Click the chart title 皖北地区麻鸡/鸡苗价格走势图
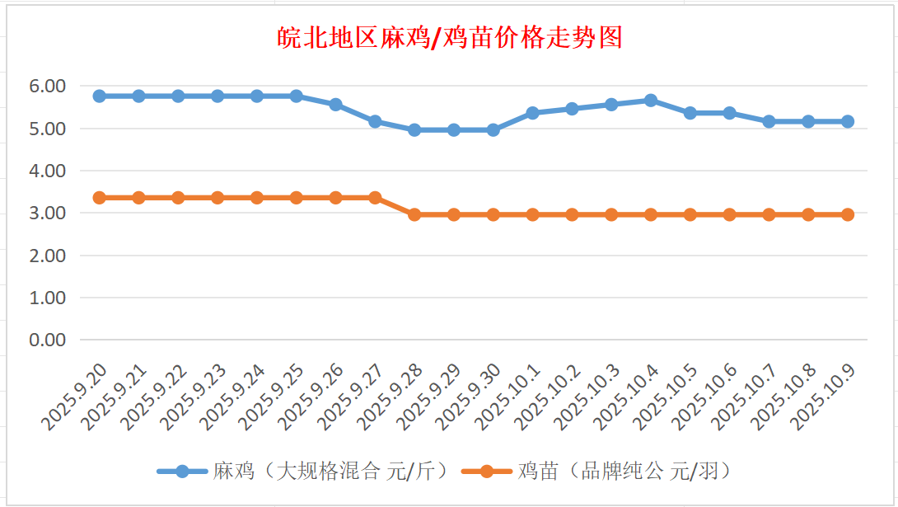pyautogui.click(x=448, y=38)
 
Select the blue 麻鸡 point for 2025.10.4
pyautogui.click(x=651, y=101)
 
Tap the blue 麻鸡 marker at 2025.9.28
pyautogui.click(x=414, y=130)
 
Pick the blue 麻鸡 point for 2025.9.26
pyautogui.click(x=335, y=105)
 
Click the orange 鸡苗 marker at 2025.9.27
pyautogui.click(x=375, y=198)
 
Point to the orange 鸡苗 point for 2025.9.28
pyautogui.click(x=414, y=214)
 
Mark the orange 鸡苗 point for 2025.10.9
pyautogui.click(x=848, y=214)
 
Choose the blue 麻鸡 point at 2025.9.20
pyautogui.click(x=100, y=96)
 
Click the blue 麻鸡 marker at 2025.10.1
pyautogui.click(x=533, y=113)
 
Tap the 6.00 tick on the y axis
pyautogui.click(x=47, y=86)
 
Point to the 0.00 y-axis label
pyautogui.click(x=47, y=340)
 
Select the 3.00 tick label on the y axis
pyautogui.click(x=47, y=213)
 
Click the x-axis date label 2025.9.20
pyautogui.click(x=74, y=399)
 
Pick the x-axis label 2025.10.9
pyautogui.click(x=824, y=399)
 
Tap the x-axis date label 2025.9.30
pyautogui.click(x=468, y=399)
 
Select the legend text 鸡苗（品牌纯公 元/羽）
pyautogui.click(x=625, y=472)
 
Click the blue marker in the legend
pyautogui.click(x=182, y=472)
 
